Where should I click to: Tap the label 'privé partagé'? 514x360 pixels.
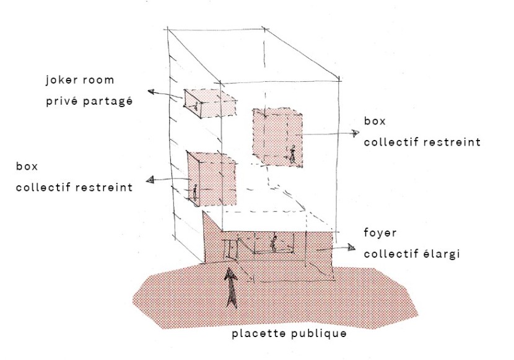(89, 100)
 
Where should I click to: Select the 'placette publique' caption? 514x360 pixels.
(289, 335)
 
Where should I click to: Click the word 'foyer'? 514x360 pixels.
(381, 234)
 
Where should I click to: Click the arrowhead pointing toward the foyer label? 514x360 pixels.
(351, 248)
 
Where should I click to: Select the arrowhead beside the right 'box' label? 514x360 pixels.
(354, 133)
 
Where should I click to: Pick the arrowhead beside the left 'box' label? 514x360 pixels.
(149, 181)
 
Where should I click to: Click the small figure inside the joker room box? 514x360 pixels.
(196, 107)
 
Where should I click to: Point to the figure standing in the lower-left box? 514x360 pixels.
(194, 193)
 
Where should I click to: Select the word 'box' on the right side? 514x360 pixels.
(375, 121)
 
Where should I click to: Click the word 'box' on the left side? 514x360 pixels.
(27, 166)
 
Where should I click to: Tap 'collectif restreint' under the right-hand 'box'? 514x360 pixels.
(422, 142)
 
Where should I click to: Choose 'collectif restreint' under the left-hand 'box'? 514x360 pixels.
(74, 187)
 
